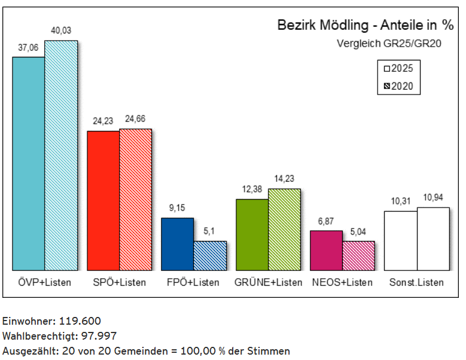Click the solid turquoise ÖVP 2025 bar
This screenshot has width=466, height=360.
coord(29,163)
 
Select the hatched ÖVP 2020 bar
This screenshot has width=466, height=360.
coord(61,155)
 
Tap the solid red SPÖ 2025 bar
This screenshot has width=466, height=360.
coord(103,200)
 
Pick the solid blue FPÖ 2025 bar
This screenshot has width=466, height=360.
coord(178,244)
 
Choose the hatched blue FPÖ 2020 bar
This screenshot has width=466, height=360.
coord(210,255)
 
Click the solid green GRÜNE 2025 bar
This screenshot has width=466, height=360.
coord(252,234)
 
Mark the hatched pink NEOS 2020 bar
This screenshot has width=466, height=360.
coord(358,255)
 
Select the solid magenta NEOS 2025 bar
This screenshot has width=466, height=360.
coord(326,250)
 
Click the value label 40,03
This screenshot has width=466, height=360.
coord(61,30)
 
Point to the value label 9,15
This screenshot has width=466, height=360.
coord(178,208)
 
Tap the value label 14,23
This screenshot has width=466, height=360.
coord(284,178)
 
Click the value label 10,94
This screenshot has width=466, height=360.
coord(433,197)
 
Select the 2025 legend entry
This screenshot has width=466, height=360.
coord(398,68)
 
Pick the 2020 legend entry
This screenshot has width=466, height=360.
coord(398,87)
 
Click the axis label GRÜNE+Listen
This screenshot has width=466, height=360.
coord(269,282)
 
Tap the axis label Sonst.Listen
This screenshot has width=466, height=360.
coord(416,282)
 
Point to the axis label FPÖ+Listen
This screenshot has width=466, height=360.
coord(193,282)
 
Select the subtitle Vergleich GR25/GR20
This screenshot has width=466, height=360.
coord(389,43)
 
